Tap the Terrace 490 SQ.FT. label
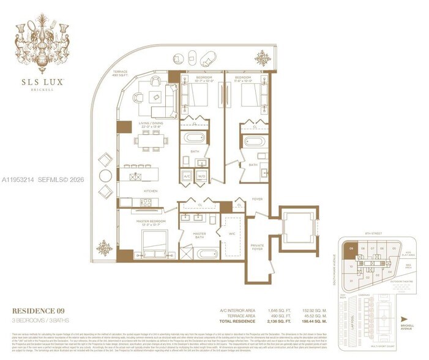tap(121, 73)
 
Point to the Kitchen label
tap(151, 191)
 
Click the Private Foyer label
tap(258, 247)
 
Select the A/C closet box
tap(187, 176)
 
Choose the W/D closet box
tap(202, 176)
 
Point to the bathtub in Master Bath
tap(200, 253)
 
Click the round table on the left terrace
tap(105, 174)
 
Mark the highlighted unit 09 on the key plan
tap(351, 249)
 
